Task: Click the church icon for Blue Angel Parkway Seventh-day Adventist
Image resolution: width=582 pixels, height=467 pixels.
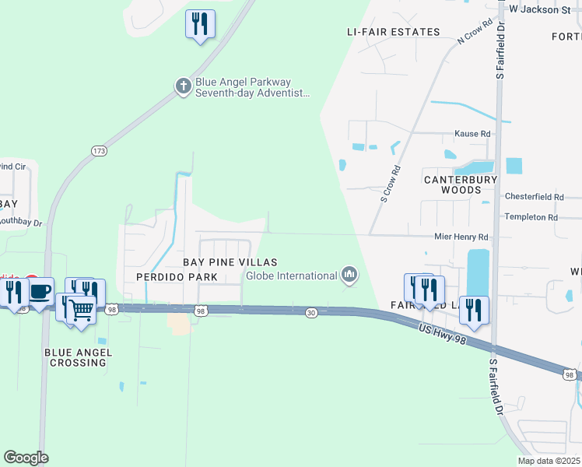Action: pyautogui.click(x=183, y=86)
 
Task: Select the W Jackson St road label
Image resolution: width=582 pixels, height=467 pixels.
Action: pyautogui.click(x=539, y=9)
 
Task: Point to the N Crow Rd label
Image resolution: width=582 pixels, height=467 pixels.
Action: pyautogui.click(x=476, y=32)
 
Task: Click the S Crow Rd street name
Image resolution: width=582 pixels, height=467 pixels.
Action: pyautogui.click(x=391, y=184)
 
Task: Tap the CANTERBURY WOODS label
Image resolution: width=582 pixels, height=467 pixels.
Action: pyautogui.click(x=460, y=184)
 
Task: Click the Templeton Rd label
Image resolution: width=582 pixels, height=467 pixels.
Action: pyautogui.click(x=531, y=217)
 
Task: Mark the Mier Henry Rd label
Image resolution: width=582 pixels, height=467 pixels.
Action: pyautogui.click(x=461, y=237)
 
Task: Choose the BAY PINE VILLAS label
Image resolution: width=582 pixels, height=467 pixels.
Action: pyautogui.click(x=230, y=263)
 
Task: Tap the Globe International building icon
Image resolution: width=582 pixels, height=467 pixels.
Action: pyautogui.click(x=349, y=274)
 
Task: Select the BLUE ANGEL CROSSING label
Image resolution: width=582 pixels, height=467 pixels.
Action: pyautogui.click(x=78, y=358)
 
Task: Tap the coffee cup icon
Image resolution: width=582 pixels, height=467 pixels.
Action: pyautogui.click(x=40, y=292)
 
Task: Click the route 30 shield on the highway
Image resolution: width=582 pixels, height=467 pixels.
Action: pyautogui.click(x=311, y=312)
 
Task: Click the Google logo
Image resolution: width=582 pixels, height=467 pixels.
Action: pyautogui.click(x=26, y=458)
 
